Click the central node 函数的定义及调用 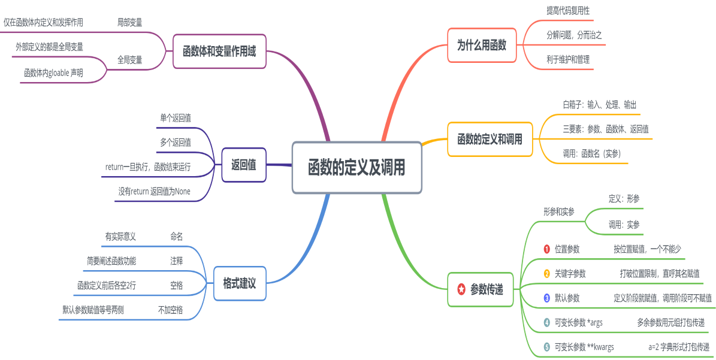(357, 168)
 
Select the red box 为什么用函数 (481, 45)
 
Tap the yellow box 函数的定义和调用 (490, 140)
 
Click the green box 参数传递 (480, 290)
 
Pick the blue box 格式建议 (239, 283)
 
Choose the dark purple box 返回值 (243, 164)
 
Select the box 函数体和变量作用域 (219, 52)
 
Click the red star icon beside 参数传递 (461, 290)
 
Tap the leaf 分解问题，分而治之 (573, 35)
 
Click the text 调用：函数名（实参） (591, 153)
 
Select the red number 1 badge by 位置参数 (546, 249)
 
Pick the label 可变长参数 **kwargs (584, 346)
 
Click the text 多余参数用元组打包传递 (670, 322)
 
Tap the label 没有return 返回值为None (154, 192)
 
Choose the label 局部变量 (129, 22)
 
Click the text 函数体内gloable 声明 (53, 72)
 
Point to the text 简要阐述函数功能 (111, 261)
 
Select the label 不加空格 (170, 310)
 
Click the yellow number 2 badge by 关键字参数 (546, 274)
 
